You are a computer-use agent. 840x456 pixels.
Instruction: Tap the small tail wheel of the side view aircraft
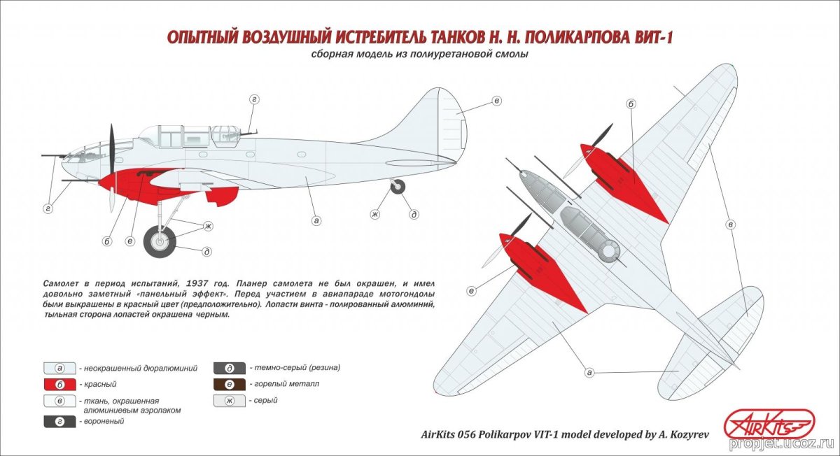click(397, 187)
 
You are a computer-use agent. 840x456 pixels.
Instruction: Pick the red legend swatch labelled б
click(60, 385)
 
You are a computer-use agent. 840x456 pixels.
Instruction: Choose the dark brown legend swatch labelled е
click(230, 385)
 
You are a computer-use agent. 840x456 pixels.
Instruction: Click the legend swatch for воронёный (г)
click(60, 422)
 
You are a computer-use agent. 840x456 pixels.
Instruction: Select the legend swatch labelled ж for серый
click(230, 401)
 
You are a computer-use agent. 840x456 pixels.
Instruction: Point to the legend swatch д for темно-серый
click(230, 368)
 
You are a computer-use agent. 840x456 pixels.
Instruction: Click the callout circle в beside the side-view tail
click(496, 101)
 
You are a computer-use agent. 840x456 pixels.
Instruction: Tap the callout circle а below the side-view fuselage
click(316, 220)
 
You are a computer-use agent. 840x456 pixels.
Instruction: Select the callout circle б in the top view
click(631, 104)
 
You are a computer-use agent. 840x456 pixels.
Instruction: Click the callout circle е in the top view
click(472, 290)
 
